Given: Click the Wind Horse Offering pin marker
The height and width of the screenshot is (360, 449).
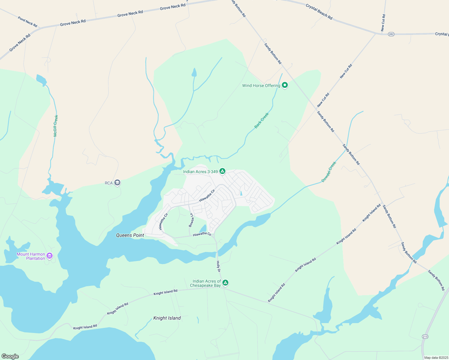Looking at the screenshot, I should pos(285,85).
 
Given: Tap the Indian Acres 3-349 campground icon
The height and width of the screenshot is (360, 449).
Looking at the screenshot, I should pos(222,171).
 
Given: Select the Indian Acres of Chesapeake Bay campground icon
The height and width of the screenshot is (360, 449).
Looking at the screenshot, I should pos(225,283).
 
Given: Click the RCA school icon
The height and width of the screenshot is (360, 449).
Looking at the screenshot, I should pos(117,183).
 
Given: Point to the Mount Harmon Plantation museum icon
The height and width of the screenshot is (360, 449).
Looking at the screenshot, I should pos(50,256).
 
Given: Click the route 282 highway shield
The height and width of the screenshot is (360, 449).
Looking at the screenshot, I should pos(391,34).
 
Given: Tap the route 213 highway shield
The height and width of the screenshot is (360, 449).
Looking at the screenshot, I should pos(425,337).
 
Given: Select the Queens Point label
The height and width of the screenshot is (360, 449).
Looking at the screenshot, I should pos(130,235).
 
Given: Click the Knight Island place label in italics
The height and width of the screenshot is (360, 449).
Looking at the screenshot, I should pos(167,318).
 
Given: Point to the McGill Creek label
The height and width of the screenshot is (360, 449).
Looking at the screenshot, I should pos(56,126).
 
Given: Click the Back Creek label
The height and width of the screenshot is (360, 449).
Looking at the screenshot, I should pos(262,121).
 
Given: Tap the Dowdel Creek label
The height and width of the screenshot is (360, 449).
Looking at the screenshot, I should pos(329,172).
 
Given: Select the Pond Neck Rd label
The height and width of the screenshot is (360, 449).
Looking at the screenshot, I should pos(27,22).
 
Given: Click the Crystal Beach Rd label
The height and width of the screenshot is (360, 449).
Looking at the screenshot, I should pos(319,12).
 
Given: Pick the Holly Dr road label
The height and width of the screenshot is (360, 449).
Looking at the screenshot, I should pos(218,266).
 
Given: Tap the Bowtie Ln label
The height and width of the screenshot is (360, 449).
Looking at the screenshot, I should pos(191,220).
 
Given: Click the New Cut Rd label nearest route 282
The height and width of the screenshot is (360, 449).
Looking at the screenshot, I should pos(383,23).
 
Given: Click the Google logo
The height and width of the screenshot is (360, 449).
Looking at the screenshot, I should pos(10,356).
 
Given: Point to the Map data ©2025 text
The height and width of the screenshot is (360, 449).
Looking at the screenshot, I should pos(436,358).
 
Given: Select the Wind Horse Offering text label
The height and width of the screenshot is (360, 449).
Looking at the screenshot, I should pos(261,85).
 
